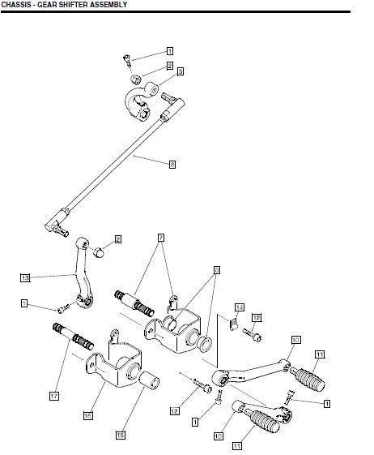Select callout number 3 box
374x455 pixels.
tap(180, 71)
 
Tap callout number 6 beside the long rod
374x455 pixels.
tap(172, 164)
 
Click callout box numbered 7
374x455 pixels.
tap(161, 237)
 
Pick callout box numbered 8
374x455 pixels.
tap(217, 268)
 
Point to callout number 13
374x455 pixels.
tap(25, 277)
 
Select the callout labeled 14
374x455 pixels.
tap(239, 307)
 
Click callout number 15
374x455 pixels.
tap(120, 435)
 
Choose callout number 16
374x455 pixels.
tap(87, 415)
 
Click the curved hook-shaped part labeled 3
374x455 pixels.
tap(138, 105)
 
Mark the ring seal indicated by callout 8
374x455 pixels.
tap(203, 341)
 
